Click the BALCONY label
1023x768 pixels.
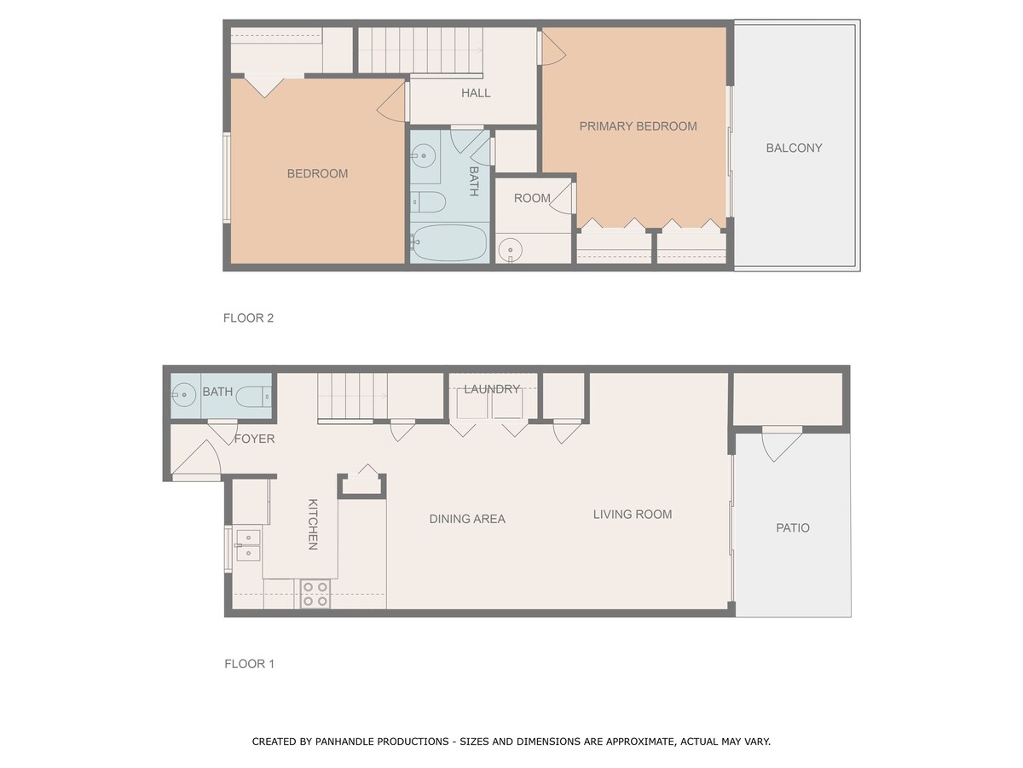point(794,148)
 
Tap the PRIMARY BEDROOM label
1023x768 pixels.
point(638,126)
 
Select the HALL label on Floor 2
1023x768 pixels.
point(476,93)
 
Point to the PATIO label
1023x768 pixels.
point(793,527)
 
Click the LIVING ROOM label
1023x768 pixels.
point(633,514)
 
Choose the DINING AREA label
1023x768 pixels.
point(467,519)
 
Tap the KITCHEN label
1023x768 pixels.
point(313,524)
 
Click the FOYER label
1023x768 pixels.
point(254,439)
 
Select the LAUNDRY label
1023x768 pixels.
point(492,388)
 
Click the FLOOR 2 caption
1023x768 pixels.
point(248,317)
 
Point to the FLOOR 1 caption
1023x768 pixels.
point(249,663)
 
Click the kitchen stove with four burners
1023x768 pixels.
point(315,594)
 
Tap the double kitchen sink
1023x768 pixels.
point(248,545)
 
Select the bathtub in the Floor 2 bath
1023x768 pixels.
point(448,243)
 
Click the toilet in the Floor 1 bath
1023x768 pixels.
point(253,396)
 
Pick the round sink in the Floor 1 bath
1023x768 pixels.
point(183,394)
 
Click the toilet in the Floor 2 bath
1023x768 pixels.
point(428,201)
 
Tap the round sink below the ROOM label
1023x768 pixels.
point(510,249)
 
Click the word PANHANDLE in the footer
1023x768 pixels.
point(345,741)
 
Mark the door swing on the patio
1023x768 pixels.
point(781,444)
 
